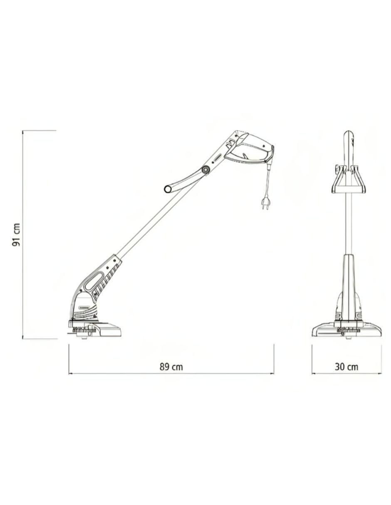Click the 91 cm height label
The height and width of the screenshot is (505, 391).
tap(16, 235)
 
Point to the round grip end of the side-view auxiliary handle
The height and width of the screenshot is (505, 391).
tap(167, 189)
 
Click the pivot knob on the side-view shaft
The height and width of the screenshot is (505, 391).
tap(205, 170)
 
